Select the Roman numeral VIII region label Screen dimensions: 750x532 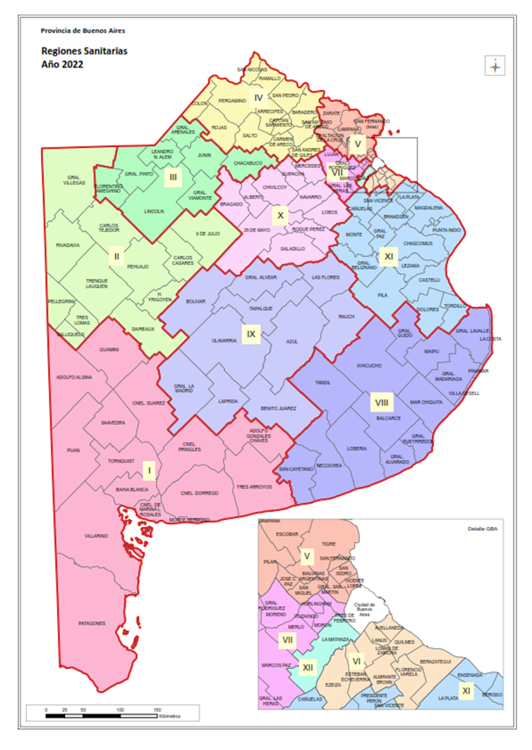[381, 402]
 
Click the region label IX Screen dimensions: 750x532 [250, 333]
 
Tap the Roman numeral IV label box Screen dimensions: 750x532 [258, 98]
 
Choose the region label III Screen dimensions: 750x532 [173, 178]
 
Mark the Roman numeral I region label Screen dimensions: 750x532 [148, 469]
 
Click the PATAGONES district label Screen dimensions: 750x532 [92, 623]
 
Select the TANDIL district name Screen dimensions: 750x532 [323, 383]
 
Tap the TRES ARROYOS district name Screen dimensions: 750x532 [254, 486]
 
